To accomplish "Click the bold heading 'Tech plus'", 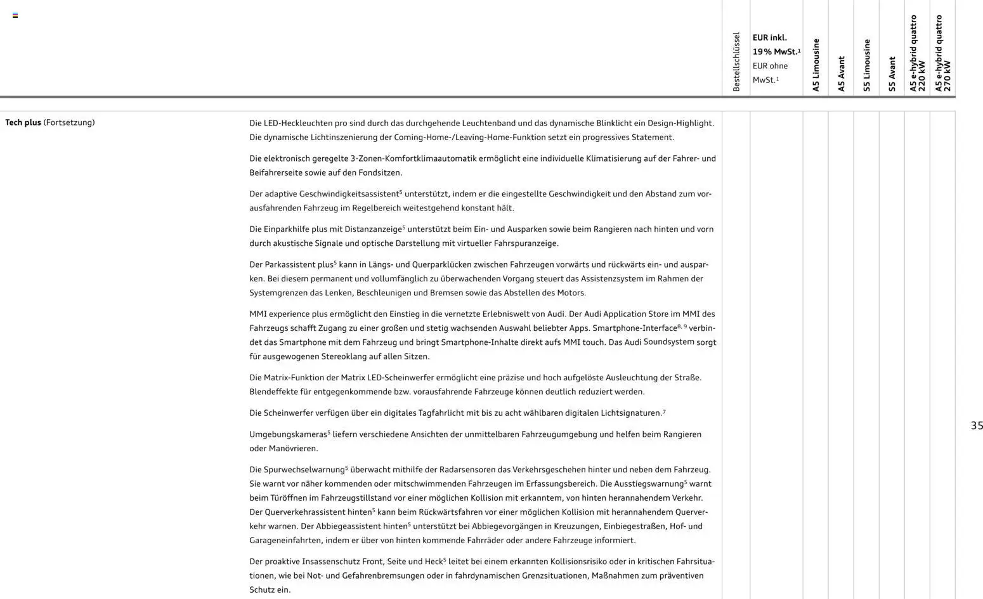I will coord(23,122).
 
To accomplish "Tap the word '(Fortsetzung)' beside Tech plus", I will coord(68,122).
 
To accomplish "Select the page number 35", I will coord(977,426).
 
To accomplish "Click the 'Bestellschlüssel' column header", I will coord(736,61).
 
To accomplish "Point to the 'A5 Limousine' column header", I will coord(816,65).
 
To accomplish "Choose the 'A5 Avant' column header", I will coord(841,74).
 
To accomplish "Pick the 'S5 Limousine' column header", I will coord(866,65).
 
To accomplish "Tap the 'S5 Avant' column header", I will coord(892,74).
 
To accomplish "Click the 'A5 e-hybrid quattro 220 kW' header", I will coord(917,53).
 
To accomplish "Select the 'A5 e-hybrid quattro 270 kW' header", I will coord(942,53).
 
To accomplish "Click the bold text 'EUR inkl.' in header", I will coord(769,38).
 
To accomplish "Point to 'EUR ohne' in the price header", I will coord(770,66).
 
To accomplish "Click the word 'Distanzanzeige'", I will coord(373,229).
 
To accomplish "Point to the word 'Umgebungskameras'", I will coord(288,435).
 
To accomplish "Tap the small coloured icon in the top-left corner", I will coord(15,15).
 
